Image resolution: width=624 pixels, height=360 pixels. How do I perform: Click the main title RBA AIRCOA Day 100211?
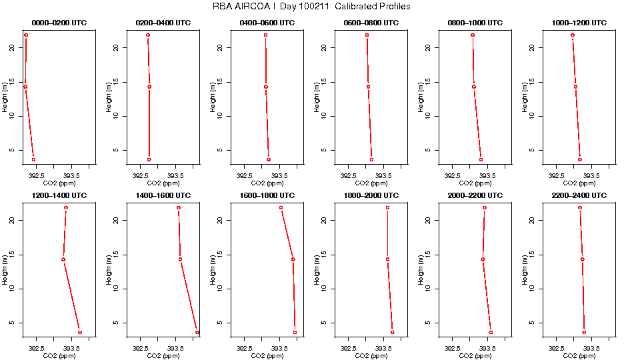click(312, 6)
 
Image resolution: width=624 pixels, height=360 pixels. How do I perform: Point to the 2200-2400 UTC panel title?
click(579, 196)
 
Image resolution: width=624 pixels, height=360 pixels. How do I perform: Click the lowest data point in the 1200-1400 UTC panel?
click(80, 332)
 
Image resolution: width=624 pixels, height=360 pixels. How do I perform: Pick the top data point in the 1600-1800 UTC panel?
click(281, 208)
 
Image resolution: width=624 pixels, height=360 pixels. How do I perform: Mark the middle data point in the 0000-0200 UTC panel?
click(25, 87)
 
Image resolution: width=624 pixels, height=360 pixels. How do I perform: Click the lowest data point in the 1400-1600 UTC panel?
click(197, 332)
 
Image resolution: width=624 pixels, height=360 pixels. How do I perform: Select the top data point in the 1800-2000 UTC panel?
click(387, 208)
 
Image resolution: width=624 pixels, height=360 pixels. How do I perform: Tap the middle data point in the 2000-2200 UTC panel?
click(483, 259)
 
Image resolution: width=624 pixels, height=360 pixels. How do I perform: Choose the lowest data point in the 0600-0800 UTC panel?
click(371, 159)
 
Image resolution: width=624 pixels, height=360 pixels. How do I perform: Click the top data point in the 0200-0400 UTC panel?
click(148, 35)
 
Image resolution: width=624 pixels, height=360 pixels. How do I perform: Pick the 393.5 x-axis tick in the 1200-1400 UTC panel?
click(71, 348)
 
